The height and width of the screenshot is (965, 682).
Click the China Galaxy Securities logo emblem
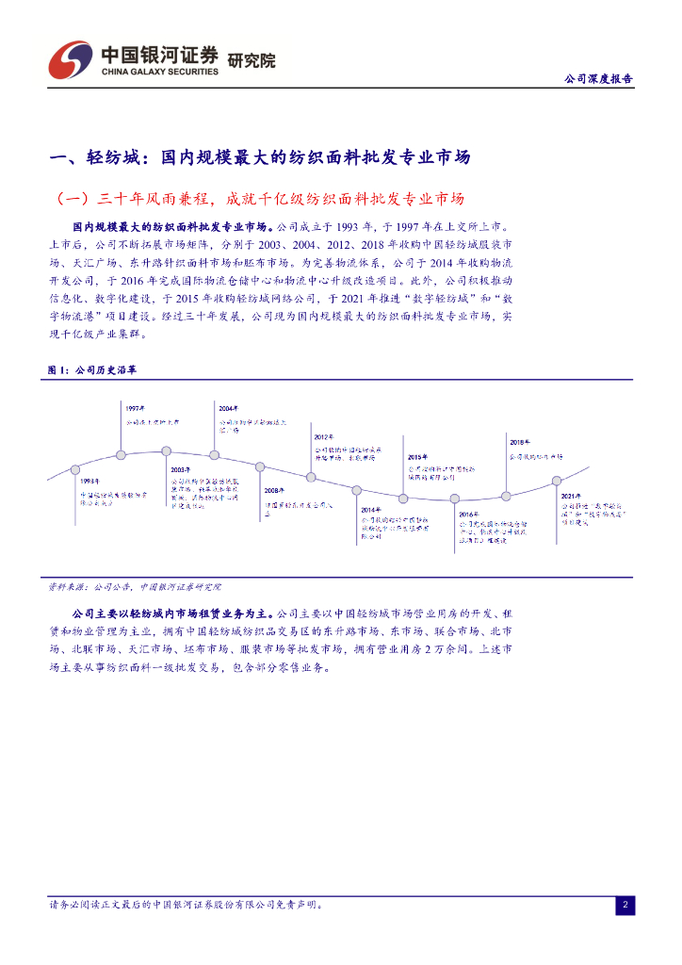point(71,60)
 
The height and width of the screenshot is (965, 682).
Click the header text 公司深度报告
point(597,79)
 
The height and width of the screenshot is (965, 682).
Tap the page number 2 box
point(625,906)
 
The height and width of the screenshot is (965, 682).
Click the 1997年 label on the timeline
point(135,408)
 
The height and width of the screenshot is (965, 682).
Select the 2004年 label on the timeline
point(228,408)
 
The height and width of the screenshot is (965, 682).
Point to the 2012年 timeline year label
point(324,437)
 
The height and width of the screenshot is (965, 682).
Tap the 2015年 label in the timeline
point(417,456)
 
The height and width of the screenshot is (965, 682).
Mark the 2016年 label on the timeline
point(468,515)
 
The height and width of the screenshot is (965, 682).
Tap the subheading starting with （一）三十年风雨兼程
point(262,199)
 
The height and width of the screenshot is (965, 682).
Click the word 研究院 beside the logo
point(252,60)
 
